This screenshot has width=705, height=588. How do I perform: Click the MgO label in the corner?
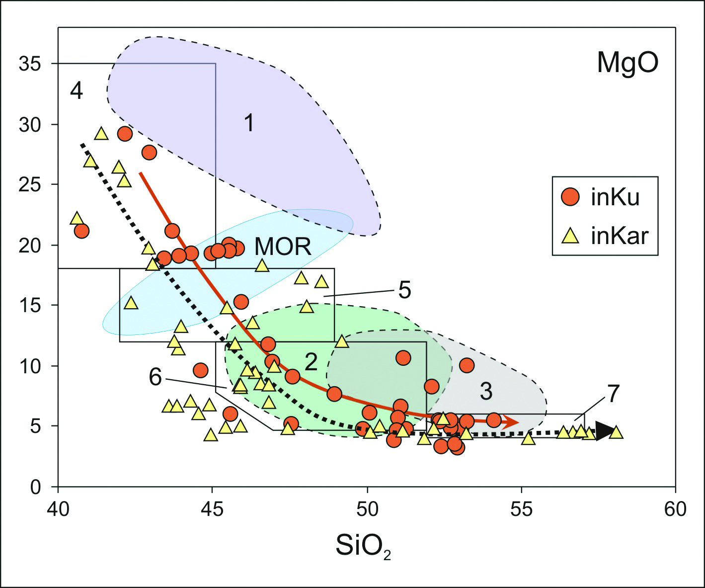[627, 64]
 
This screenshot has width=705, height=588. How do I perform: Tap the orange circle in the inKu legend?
[570, 197]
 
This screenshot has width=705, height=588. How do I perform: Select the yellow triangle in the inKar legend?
[571, 235]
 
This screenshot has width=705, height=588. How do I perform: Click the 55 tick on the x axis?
[521, 509]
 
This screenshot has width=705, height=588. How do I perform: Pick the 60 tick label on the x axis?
[675, 509]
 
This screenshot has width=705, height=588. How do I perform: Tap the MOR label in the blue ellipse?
[283, 246]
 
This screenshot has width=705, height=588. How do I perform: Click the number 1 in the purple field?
[249, 122]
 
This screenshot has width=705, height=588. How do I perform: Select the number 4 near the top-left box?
[76, 91]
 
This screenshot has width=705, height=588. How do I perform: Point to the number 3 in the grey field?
[486, 392]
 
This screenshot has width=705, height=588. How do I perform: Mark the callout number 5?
[404, 290]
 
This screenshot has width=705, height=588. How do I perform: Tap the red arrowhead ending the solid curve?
[512, 422]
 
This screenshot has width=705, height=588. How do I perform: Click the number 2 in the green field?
[311, 362]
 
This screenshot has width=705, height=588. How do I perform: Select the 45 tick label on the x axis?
[212, 509]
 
